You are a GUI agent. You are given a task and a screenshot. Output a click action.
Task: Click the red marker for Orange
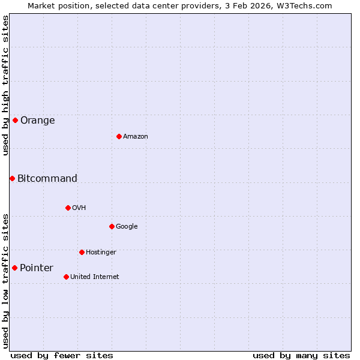[x=15, y=120]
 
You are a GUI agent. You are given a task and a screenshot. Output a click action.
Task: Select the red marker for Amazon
[x=119, y=136]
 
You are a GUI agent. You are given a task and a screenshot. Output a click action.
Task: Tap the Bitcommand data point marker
[x=12, y=178]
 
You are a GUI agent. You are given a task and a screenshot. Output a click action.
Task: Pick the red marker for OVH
[x=68, y=208]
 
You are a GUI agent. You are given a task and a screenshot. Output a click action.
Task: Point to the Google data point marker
[x=112, y=226]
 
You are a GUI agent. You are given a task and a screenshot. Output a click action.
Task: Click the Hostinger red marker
[x=82, y=252]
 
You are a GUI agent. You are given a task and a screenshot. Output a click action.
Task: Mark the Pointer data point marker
[x=14, y=268]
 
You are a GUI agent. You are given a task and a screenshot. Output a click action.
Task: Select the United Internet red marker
[x=66, y=277]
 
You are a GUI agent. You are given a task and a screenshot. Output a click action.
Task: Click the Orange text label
[x=38, y=120]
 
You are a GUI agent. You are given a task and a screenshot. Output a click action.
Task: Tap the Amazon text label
[x=136, y=136]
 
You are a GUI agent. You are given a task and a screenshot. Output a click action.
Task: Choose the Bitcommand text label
[x=47, y=178]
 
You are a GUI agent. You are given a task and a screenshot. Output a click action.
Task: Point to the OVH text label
[x=79, y=208]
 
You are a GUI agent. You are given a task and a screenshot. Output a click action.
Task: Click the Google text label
[x=127, y=226]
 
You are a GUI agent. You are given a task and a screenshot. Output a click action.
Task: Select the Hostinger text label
[x=101, y=252]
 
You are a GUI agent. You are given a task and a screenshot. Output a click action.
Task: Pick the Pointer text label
[x=37, y=268]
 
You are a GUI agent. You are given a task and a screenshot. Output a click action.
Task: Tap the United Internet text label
[x=95, y=277]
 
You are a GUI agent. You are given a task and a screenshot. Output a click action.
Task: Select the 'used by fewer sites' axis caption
[x=62, y=355]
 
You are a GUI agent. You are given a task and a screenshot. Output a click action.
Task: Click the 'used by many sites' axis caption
[x=301, y=355]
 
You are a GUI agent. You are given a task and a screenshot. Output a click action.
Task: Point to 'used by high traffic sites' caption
[x=5, y=85]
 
